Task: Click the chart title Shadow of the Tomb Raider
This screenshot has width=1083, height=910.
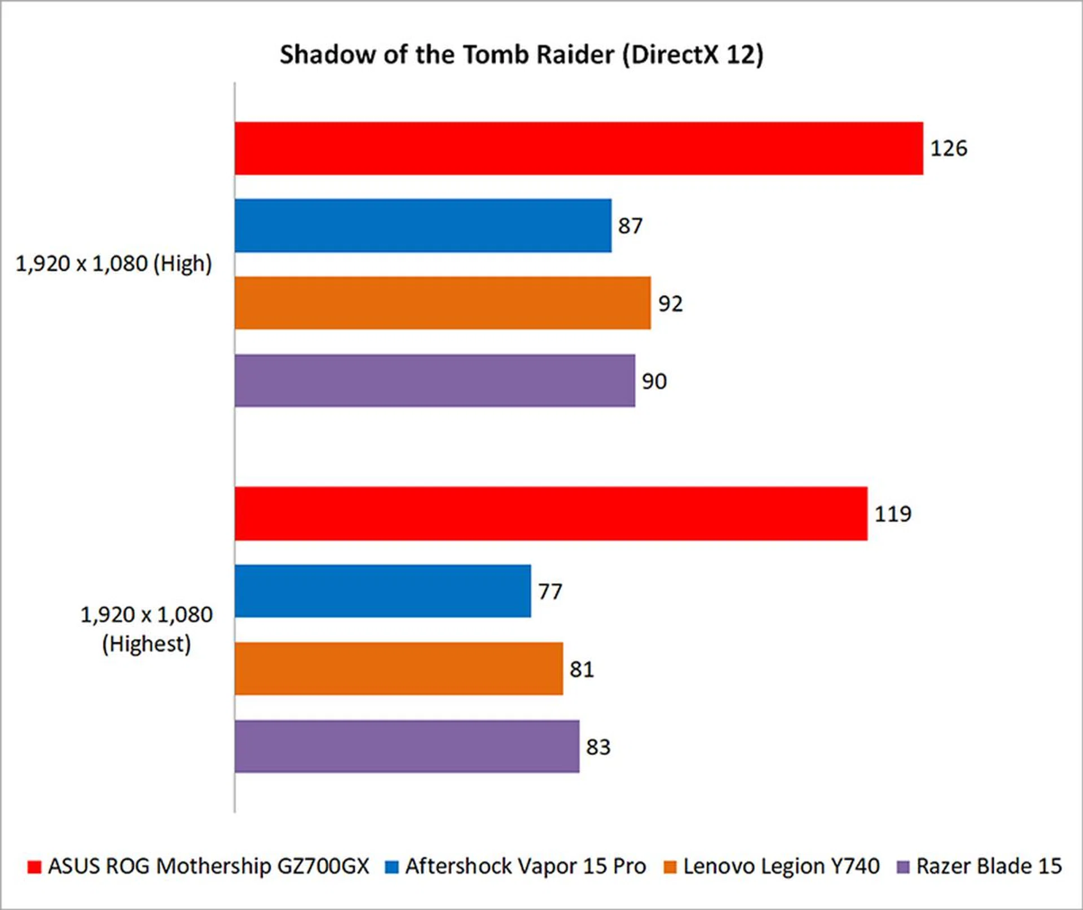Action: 521,55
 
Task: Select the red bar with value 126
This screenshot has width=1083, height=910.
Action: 579,148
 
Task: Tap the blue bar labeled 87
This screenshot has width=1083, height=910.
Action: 423,226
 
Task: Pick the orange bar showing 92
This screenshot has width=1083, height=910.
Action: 443,303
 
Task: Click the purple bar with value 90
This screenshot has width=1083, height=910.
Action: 435,381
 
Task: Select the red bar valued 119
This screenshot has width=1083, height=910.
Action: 551,514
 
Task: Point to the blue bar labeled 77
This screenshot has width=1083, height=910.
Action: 383,591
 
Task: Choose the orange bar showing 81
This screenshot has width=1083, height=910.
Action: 399,669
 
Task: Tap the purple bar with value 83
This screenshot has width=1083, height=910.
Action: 407,746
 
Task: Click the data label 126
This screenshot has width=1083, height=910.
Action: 949,148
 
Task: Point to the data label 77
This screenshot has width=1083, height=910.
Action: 550,592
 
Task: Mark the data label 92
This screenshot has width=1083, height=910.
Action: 670,304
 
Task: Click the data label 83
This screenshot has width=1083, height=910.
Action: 598,747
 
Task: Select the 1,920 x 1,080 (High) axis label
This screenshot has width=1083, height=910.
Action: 113,263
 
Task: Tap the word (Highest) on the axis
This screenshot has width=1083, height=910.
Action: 146,644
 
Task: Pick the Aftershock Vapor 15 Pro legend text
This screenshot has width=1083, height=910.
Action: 525,866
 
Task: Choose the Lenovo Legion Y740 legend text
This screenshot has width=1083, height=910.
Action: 781,866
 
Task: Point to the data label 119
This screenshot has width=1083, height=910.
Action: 893,514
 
